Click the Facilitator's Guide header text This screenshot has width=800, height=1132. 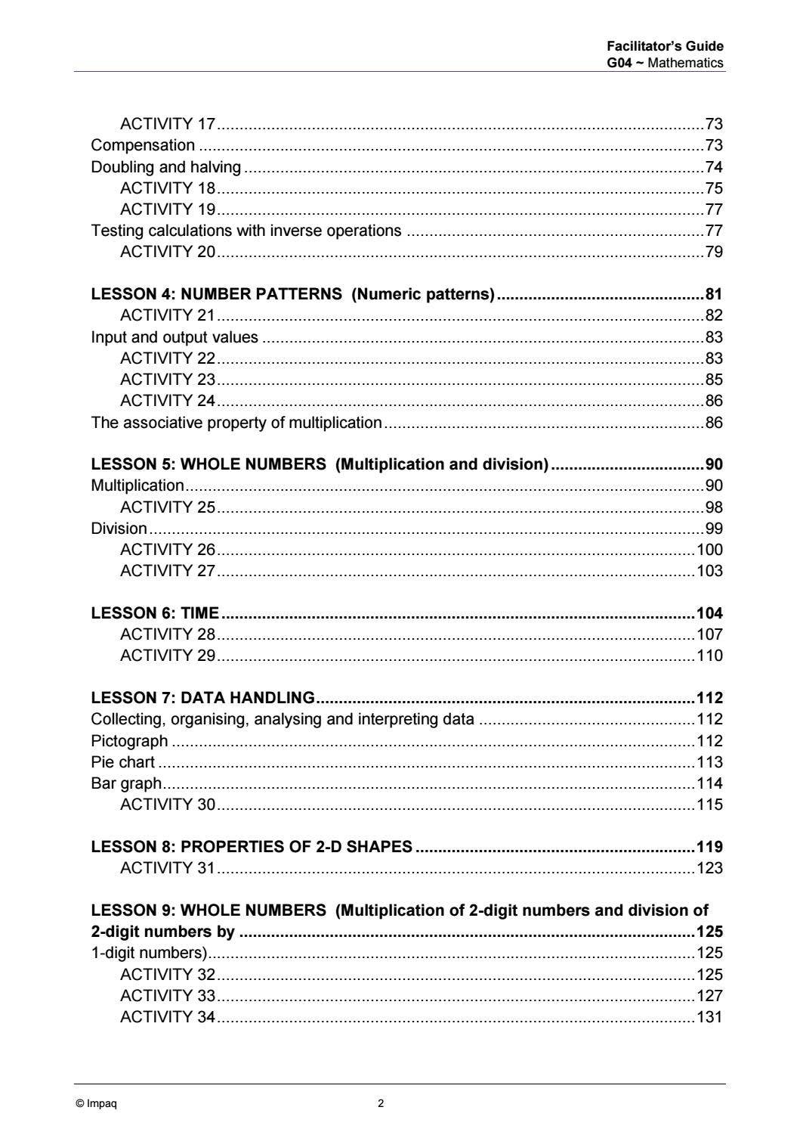tap(665, 47)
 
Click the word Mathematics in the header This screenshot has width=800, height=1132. tap(685, 63)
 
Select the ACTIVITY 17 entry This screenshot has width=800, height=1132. tap(168, 124)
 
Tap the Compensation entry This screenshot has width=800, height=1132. tap(143, 145)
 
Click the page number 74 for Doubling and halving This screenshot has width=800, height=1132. tap(713, 167)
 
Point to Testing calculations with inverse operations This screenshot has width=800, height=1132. tap(246, 231)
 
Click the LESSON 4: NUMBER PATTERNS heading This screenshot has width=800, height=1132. tap(292, 294)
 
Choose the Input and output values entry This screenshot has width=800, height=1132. tap(175, 337)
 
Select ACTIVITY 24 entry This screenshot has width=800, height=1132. tap(168, 401)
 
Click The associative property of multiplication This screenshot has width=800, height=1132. tap(236, 423)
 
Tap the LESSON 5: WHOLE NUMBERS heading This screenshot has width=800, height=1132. tap(320, 464)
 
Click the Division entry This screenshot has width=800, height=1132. tap(119, 529)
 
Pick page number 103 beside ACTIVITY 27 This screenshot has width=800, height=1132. tap(709, 571)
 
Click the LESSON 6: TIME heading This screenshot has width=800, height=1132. tap(155, 613)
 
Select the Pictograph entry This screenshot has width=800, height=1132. tap(129, 741)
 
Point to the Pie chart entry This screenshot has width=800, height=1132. tap(122, 762)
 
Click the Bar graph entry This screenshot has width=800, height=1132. tap(126, 783)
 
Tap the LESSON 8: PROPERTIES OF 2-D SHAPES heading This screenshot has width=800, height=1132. tap(252, 847)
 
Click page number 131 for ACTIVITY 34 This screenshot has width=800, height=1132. tap(709, 1017)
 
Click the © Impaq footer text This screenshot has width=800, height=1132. tap(96, 1103)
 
